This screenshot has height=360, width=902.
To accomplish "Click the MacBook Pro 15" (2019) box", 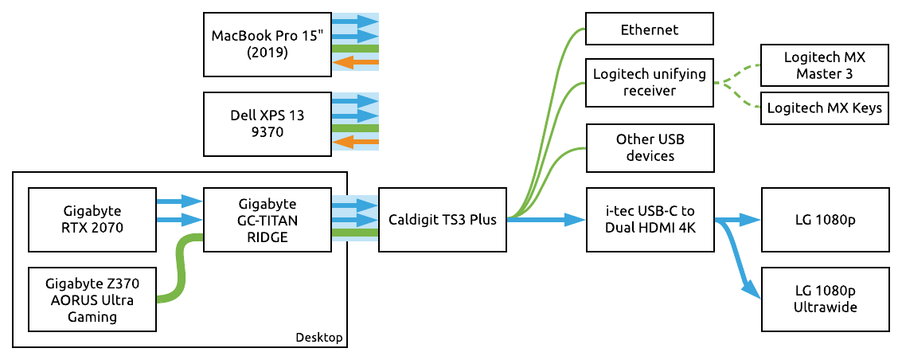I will pos(267,44).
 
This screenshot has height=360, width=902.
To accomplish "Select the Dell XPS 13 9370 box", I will pos(267,123).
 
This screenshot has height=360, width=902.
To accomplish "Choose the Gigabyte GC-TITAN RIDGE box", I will pos(267,219).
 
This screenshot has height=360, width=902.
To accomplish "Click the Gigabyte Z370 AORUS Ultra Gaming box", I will pos(92,299).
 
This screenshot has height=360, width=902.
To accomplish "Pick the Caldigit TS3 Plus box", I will pos(442,219).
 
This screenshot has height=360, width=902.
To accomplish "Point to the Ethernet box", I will pos(649,29).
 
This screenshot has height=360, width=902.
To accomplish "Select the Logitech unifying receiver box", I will pos(649,82).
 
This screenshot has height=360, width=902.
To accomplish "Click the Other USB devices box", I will pos(649,147).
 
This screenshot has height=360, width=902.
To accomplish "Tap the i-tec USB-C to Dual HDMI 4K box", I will pos(649,219).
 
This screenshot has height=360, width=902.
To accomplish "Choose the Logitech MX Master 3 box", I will pos(824,66).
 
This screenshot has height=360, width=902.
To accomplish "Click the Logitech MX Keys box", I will pos(824,108).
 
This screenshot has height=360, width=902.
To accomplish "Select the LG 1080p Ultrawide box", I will pos(824,299).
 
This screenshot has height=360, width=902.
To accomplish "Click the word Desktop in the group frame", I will pos(318,338).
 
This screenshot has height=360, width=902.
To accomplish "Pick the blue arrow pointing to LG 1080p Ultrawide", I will pos(740,263).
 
